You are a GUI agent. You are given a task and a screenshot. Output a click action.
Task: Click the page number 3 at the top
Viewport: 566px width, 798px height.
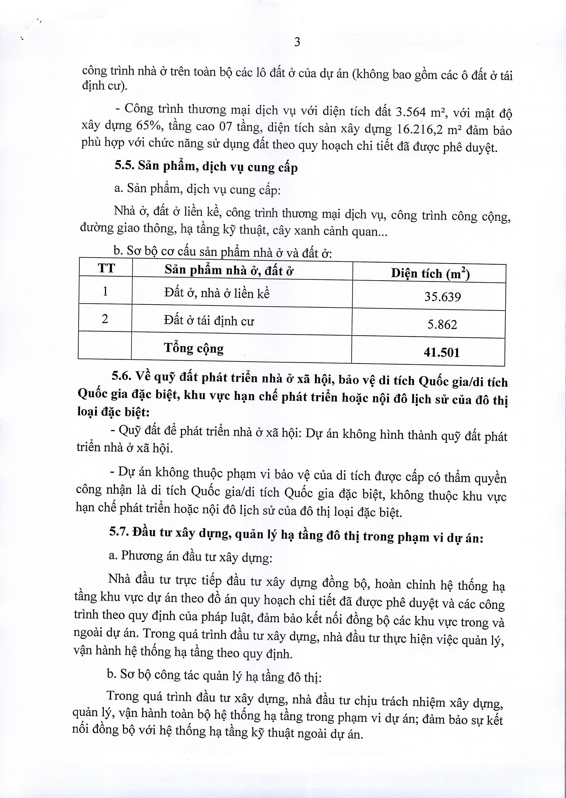pos(297,42)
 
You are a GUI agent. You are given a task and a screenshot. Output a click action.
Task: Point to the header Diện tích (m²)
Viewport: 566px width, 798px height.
pos(430,273)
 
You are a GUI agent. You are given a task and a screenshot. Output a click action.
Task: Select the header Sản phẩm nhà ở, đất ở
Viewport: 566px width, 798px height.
pos(229,270)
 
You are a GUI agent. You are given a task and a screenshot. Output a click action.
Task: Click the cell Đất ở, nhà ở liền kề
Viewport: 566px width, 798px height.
pos(217,293)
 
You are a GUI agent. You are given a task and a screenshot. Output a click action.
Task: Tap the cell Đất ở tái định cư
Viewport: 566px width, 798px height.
pos(209,321)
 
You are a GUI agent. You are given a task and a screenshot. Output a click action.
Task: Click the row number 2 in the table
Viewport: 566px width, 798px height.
pos(105,318)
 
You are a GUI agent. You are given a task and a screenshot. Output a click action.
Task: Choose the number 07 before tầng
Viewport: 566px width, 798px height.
pos(226,127)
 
